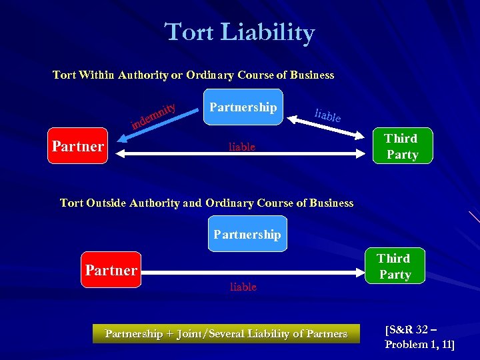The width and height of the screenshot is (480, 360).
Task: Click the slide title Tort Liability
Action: tap(239, 32)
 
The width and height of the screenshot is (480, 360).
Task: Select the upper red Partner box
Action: tap(78, 145)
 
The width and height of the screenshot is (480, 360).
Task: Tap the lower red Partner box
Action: tap(111, 269)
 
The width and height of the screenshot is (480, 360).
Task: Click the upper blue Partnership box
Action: tap(243, 107)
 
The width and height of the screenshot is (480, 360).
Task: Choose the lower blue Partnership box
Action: tap(247, 234)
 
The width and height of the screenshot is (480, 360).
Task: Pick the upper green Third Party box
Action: tap(402, 147)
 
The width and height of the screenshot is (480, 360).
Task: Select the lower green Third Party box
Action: tap(394, 266)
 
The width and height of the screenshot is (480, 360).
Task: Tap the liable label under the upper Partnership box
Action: tap(242, 147)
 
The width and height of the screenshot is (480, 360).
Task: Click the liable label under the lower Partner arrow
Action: tap(243, 287)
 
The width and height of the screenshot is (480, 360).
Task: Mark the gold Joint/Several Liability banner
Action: tap(226, 333)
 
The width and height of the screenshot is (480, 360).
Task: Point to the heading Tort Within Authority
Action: tap(193, 75)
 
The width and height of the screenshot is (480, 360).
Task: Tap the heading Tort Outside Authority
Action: tap(207, 203)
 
